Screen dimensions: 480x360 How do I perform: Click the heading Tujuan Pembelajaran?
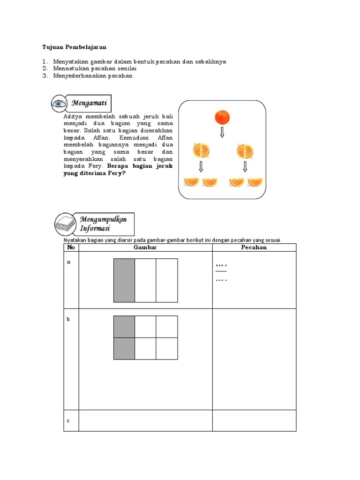[x=75, y=47]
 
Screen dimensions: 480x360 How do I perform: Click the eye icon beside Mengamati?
[x=59, y=103]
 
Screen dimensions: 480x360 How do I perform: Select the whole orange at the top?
[x=222, y=116]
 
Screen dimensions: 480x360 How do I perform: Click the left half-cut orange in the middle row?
[x=201, y=151]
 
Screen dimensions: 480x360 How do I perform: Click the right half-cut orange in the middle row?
[x=244, y=151]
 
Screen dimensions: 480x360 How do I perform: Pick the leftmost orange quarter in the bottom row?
[x=191, y=181]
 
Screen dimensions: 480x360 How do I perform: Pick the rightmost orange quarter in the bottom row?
[x=255, y=181]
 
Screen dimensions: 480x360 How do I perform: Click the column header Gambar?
[x=145, y=247]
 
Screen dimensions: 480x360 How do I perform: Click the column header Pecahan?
[x=254, y=247]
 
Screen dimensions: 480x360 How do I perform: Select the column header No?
[x=71, y=247]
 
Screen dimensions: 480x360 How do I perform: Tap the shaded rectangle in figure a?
[x=124, y=280]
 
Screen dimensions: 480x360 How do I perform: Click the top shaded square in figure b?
[x=124, y=327]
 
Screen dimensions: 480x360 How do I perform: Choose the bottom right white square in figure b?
[x=167, y=348]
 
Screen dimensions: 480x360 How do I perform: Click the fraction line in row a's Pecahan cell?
[x=221, y=271]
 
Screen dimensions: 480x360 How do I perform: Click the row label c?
[x=68, y=420]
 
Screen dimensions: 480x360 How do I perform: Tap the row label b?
[x=68, y=319]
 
